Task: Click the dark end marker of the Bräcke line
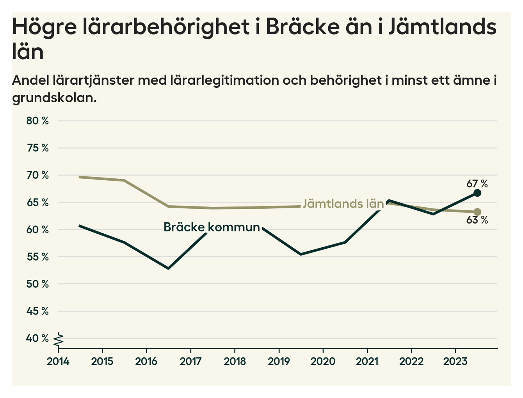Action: pyautogui.click(x=477, y=193)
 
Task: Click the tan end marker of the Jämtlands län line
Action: pyautogui.click(x=477, y=212)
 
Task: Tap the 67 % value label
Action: pyautogui.click(x=477, y=183)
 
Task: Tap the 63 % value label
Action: pyautogui.click(x=477, y=220)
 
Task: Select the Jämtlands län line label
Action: pyautogui.click(x=343, y=204)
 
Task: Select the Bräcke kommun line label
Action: pyautogui.click(x=212, y=227)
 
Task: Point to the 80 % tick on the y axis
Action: pyautogui.click(x=37, y=121)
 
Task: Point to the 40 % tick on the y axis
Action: pyautogui.click(x=37, y=338)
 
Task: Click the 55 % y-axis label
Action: pyautogui.click(x=37, y=257)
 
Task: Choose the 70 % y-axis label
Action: pyautogui.click(x=37, y=175)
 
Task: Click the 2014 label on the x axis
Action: pyautogui.click(x=58, y=361)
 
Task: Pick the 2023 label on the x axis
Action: pyautogui.click(x=455, y=361)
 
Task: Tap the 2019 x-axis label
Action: pyautogui.click(x=279, y=361)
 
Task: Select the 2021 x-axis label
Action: pyautogui.click(x=367, y=361)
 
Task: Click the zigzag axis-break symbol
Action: pyautogui.click(x=59, y=339)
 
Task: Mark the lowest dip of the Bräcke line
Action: pyautogui.click(x=168, y=268)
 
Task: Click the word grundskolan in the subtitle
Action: pyautogui.click(x=54, y=98)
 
